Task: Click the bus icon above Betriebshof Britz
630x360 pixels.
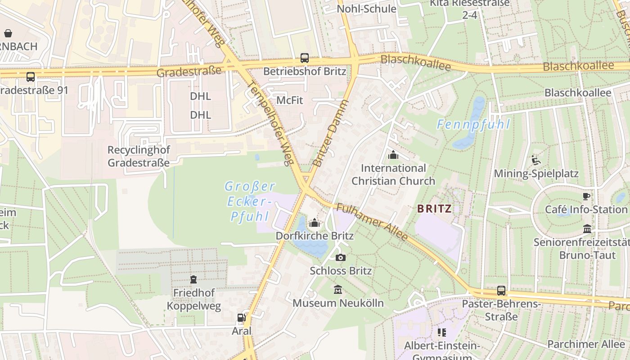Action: coord(305,58)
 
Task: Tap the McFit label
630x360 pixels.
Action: coord(289,100)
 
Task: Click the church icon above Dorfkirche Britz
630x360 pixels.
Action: coord(315,223)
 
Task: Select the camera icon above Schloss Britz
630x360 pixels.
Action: coord(341,257)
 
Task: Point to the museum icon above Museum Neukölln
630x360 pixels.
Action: coord(338,290)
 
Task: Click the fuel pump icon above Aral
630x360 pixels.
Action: coord(242,318)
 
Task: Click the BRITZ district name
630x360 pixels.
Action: coord(434,208)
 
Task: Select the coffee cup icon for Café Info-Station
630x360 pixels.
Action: coord(586,196)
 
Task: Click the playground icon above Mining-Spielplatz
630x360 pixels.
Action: coord(535,160)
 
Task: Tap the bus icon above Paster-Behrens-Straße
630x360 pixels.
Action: coord(501,291)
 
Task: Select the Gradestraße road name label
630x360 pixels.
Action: coord(189,71)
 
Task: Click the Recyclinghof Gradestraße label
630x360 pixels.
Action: coord(139,156)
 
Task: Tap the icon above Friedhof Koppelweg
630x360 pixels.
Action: coord(193,279)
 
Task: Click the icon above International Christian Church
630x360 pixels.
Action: coord(393,155)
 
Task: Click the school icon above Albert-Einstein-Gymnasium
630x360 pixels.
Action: coord(441,333)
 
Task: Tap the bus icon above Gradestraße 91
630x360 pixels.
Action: coord(31,76)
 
